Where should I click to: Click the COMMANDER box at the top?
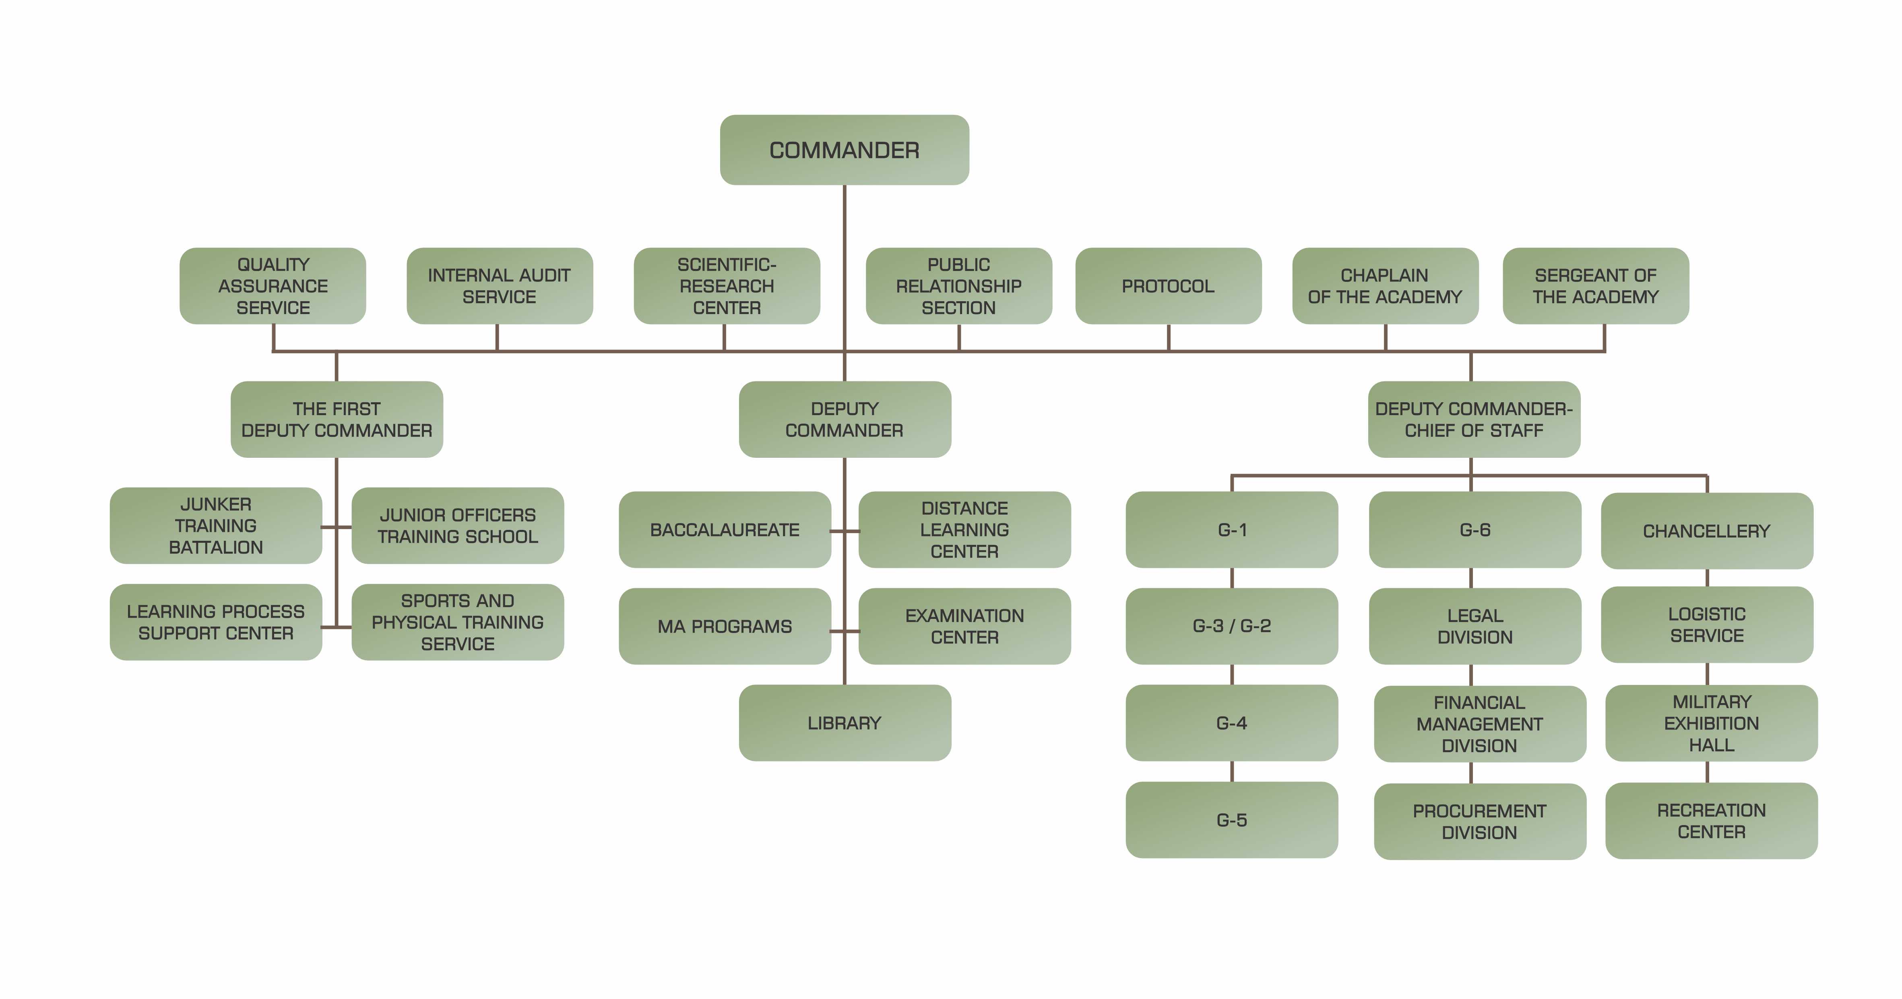click(844, 150)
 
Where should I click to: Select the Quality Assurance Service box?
click(273, 286)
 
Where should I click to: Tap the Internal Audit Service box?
click(499, 286)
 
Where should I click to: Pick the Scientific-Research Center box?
click(727, 286)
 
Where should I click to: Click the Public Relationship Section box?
click(958, 286)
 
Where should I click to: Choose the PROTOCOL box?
click(1168, 286)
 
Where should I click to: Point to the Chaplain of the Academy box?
click(1384, 286)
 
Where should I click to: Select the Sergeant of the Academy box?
click(1596, 286)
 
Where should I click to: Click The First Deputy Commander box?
click(337, 420)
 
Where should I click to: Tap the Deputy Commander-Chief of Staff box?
click(1474, 420)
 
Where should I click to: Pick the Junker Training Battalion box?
click(216, 526)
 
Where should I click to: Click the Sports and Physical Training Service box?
click(458, 623)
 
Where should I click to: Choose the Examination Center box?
click(964, 626)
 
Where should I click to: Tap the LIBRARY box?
click(845, 723)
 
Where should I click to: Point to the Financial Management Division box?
click(1479, 724)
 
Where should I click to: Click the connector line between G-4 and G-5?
click(1232, 771)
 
